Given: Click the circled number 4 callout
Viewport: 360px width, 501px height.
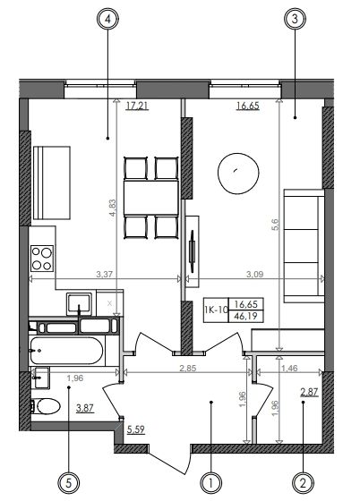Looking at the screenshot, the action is pos(107,19).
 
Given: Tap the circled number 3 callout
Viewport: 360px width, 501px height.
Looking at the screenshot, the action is pos(295,19).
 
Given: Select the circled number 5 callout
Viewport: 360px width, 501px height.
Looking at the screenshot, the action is pos(68,483).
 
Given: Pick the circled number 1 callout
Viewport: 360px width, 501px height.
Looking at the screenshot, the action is pos(210,483).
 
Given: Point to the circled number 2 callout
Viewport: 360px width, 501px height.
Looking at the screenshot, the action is pos(303,483).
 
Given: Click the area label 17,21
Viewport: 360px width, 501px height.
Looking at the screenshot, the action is pos(137,106).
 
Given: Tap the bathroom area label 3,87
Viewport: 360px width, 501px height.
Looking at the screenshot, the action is pos(85,408).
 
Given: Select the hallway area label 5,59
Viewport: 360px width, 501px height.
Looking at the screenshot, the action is pos(136,429).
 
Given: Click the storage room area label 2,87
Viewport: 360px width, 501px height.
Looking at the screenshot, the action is pos(310,392).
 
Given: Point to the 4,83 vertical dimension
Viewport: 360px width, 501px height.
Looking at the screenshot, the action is pos(113,208).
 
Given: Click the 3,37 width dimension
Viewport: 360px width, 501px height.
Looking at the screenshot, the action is pos(105,274).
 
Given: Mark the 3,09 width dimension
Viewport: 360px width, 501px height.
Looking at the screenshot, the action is pos(255,274).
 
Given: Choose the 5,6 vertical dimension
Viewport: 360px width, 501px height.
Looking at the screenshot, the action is pos(275,225).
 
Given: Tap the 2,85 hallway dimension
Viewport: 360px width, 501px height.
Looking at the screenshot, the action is pos(188,368).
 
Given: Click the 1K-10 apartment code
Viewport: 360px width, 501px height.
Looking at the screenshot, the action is pos(216,310).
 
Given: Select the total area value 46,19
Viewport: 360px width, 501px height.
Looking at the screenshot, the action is pos(246,317).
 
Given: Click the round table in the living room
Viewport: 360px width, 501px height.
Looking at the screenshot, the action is pos(238,174).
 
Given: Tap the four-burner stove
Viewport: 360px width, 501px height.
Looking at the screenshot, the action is pos(42,259).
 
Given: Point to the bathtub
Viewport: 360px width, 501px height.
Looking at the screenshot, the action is pos(67,351).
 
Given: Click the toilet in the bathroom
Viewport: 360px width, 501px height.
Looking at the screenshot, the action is pos(46,406).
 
